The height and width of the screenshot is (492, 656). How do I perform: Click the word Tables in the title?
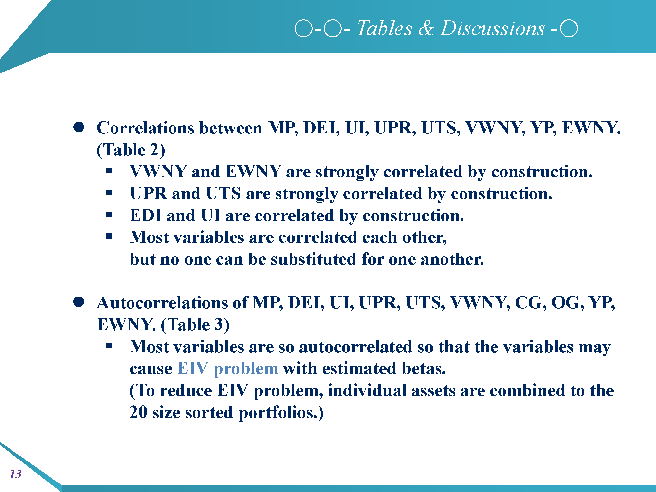[385, 28]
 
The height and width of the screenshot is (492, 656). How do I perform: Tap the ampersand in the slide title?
[426, 28]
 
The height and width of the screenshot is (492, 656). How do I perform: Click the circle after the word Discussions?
[569, 29]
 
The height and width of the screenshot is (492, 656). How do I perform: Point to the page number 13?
[15, 474]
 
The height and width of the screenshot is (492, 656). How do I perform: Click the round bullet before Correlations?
[79, 127]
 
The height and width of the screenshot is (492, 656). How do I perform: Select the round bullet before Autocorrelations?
[79, 302]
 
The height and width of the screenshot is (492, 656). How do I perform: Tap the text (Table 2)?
[131, 150]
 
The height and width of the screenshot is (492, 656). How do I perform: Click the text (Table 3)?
[195, 325]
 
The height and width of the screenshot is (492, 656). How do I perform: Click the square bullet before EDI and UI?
[109, 215]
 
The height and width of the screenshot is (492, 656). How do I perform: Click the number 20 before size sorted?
[138, 412]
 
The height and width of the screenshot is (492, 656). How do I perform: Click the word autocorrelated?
[356, 347]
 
